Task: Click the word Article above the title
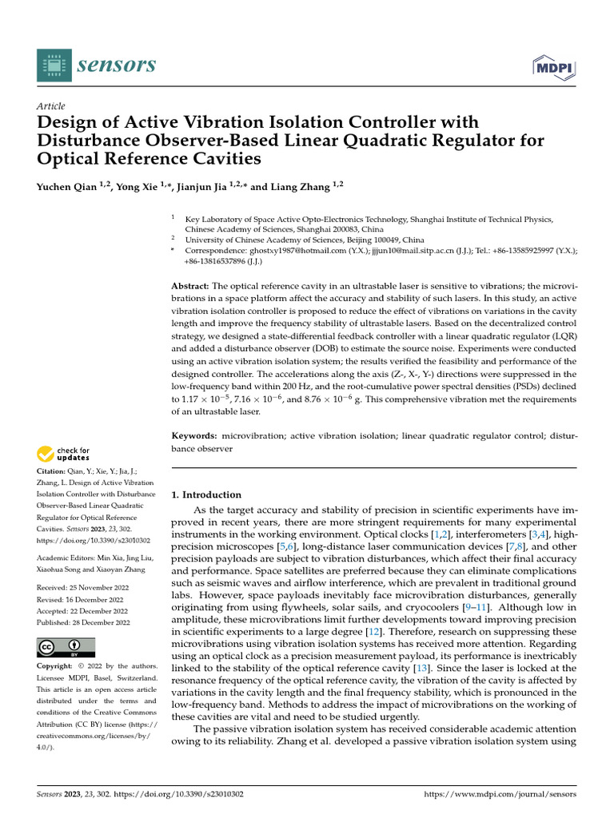[x=51, y=106]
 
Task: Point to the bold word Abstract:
[x=190, y=286]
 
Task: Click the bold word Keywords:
[x=194, y=436]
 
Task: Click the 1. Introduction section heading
[x=206, y=494]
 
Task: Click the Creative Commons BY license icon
[x=66, y=647]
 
